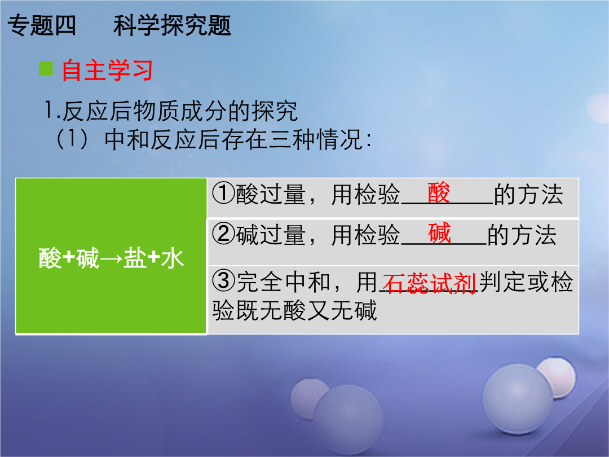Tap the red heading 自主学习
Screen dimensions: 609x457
pos(107,71)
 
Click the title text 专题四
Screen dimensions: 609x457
pos(42,25)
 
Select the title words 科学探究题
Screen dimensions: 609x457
pos(172,25)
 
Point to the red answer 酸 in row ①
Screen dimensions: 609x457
pos(439,192)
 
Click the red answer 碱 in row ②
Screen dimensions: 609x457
pos(440,233)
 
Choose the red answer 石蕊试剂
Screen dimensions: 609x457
pos(429,284)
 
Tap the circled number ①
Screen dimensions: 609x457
pos(224,194)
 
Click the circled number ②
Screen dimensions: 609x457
pos(224,234)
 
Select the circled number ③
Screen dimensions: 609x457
pos(224,282)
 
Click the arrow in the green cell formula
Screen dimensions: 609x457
pos(111,259)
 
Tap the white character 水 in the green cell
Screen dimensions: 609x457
pos(173,258)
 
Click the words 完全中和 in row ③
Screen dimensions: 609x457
pos(283,282)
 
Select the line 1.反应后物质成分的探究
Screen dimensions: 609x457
pos(171,111)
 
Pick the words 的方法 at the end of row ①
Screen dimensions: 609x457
pos(528,194)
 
